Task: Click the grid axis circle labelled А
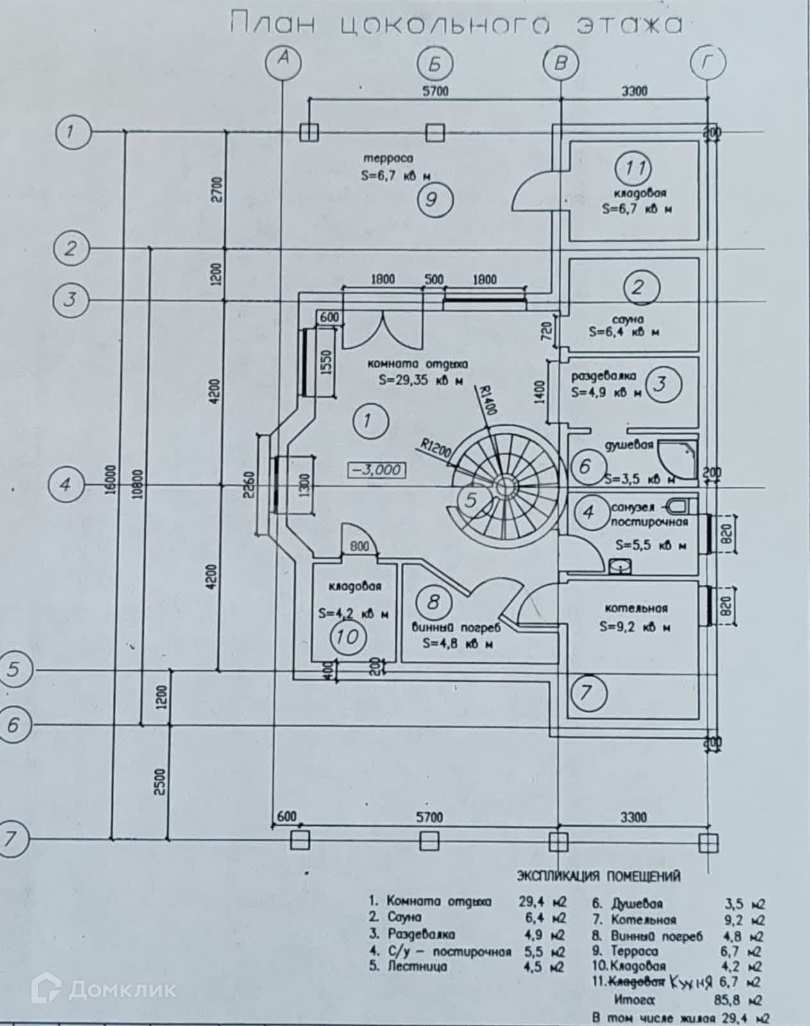pyautogui.click(x=283, y=62)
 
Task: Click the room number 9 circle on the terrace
pyautogui.click(x=435, y=199)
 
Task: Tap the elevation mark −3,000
pyautogui.click(x=376, y=469)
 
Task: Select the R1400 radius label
pyautogui.click(x=485, y=399)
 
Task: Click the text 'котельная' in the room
pyautogui.click(x=636, y=609)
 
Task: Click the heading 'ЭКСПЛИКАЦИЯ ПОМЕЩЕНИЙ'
pyautogui.click(x=598, y=876)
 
